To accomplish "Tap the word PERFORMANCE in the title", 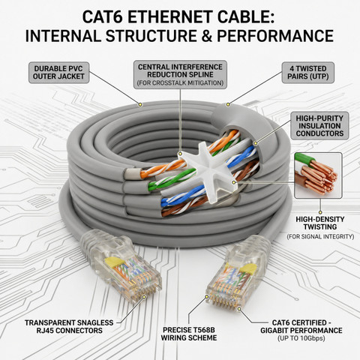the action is tap(275, 36).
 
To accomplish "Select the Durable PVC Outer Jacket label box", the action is tap(58, 73).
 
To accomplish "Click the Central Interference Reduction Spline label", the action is tap(180, 74).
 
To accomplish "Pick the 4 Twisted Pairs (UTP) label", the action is tap(308, 73).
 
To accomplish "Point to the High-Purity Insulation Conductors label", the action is tap(319, 126).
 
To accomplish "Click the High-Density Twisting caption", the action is tap(320, 223).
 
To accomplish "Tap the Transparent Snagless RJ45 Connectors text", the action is tap(69, 326).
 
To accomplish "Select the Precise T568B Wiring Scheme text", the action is tap(189, 334).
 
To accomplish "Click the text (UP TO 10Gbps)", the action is tap(301, 338).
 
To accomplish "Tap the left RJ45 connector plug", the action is tap(122, 265).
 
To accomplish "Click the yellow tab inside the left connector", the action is tap(114, 262).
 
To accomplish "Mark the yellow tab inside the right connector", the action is tap(247, 268).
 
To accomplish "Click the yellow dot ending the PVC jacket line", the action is tap(140, 104).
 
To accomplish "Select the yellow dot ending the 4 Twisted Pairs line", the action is tap(228, 104).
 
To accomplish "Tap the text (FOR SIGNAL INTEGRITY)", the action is tap(320, 236).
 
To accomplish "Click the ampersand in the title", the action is tap(207, 36).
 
